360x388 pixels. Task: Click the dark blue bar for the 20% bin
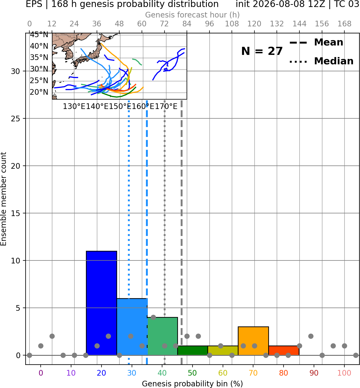tap(102, 303)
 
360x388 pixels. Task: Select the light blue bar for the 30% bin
tap(132, 327)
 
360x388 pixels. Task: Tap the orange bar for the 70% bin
tap(253, 341)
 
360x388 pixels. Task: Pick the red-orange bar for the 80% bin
tap(284, 351)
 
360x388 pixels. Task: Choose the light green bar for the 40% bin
tap(162, 336)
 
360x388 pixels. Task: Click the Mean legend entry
tap(316, 43)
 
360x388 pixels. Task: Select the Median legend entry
tap(321, 61)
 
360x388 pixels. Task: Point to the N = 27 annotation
tap(262, 51)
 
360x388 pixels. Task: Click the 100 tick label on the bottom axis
tap(344, 373)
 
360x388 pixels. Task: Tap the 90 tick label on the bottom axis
tap(314, 373)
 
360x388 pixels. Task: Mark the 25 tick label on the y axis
tap(16, 119)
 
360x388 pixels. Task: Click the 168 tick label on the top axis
tap(344, 24)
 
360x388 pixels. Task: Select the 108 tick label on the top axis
tap(232, 24)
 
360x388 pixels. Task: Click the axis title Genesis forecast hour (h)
tap(193, 15)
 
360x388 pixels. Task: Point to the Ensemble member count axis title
tap(4, 199)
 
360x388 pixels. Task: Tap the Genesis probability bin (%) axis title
tap(193, 384)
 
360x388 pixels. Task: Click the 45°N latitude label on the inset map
tap(39, 35)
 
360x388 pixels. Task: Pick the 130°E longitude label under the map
tap(74, 107)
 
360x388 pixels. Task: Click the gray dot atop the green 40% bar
tap(153, 318)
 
